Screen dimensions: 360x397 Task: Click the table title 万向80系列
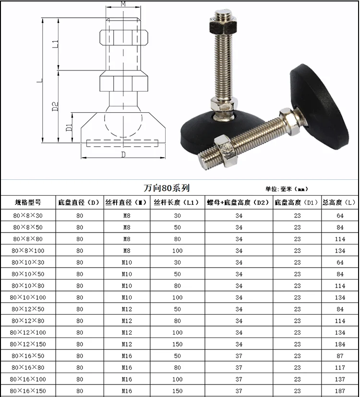click(x=167, y=188)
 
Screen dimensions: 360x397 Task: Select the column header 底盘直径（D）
click(x=79, y=202)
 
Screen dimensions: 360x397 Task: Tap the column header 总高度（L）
click(x=339, y=202)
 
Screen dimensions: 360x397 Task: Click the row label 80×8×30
click(x=28, y=216)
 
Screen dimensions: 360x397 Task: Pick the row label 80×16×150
click(x=28, y=391)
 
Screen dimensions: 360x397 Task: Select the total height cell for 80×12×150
click(x=340, y=344)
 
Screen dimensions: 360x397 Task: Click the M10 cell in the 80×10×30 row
click(x=127, y=263)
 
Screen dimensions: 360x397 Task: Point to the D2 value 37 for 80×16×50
click(x=239, y=356)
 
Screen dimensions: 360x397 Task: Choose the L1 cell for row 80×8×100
click(x=178, y=251)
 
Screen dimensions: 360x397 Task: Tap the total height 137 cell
click(x=340, y=379)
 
